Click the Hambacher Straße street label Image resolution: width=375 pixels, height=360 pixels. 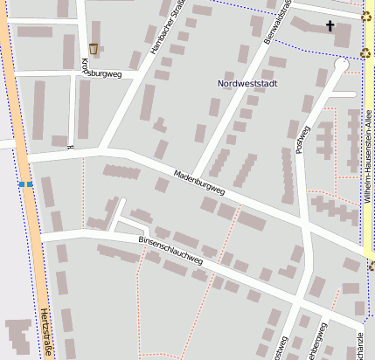coord(169,31)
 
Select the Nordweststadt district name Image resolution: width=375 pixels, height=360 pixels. coord(248,83)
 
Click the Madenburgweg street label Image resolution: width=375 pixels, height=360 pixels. coord(199,182)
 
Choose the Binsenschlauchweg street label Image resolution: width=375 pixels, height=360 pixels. coord(170,249)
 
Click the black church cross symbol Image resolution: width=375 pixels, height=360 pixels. coord(330,26)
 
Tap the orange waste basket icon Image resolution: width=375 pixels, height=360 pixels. coord(94,49)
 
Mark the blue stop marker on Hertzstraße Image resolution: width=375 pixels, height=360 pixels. coord(25,184)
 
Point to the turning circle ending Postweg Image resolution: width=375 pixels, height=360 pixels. coord(341,65)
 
